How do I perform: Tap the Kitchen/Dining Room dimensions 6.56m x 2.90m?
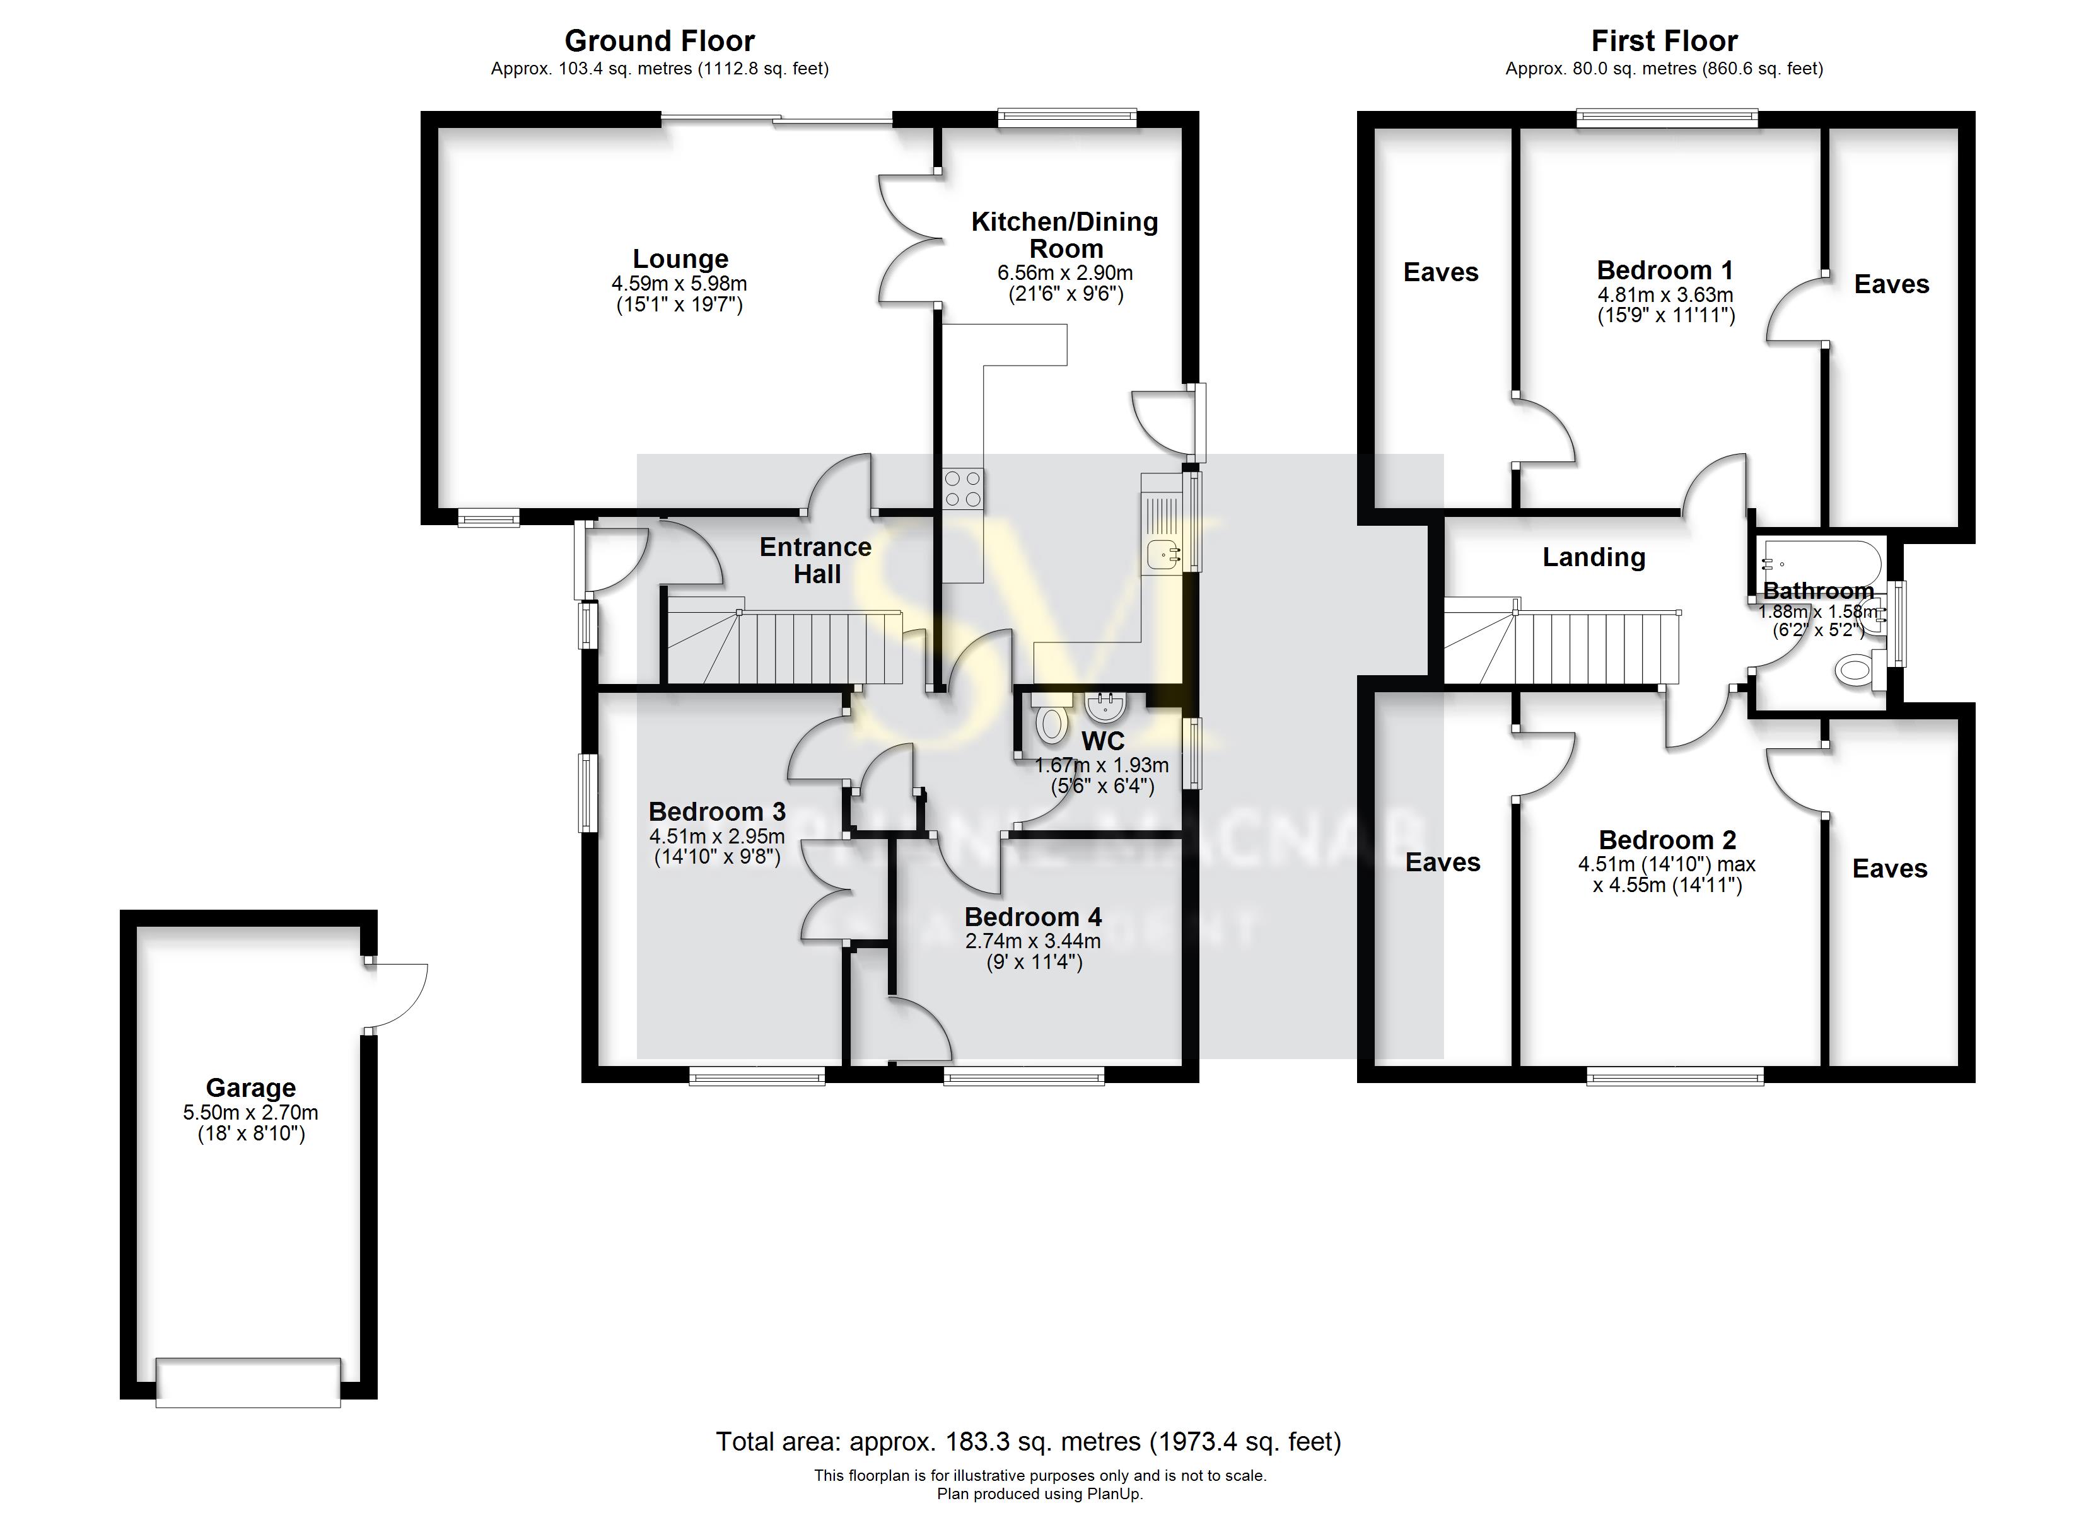tap(1064, 274)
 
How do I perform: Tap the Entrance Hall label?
tap(815, 560)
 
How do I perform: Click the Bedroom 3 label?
tap(716, 812)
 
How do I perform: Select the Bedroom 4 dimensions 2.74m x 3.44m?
tap(1032, 941)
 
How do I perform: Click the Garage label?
tap(250, 1088)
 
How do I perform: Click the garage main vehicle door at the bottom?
tap(248, 1383)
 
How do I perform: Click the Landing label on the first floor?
tap(1593, 557)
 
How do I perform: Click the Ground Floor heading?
tap(659, 41)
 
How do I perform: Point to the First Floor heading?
tap(1664, 41)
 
